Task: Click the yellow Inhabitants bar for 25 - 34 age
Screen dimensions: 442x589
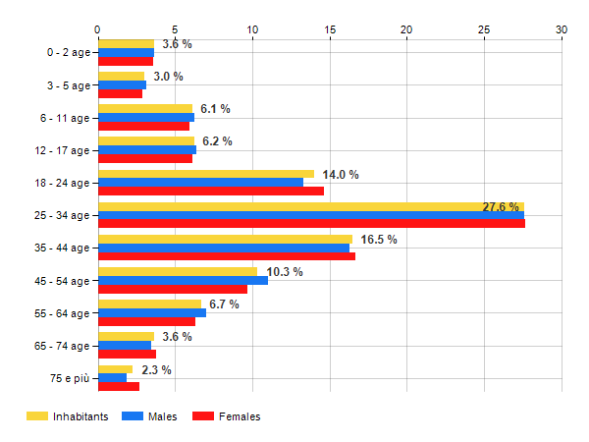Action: click(x=294, y=206)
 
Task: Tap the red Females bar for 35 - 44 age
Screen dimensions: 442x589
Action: click(x=226, y=256)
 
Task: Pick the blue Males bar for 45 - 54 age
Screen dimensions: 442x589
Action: click(x=183, y=281)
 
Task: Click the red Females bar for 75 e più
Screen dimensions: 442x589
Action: click(x=118, y=387)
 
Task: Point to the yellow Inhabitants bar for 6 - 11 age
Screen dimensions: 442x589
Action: click(x=145, y=109)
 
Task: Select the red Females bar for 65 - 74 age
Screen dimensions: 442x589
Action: click(x=127, y=355)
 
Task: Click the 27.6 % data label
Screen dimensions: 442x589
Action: click(x=501, y=207)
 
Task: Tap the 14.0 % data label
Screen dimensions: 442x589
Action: click(x=341, y=175)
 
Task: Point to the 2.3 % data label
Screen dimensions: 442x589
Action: click(x=157, y=370)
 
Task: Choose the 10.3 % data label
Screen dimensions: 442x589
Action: click(x=285, y=272)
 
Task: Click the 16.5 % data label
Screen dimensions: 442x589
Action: click(x=379, y=240)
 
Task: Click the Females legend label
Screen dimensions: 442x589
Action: click(x=240, y=417)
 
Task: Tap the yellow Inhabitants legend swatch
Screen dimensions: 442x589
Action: click(x=36, y=417)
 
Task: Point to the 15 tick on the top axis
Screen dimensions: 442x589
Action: click(x=330, y=30)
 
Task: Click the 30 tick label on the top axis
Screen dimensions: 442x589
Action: click(x=562, y=30)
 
